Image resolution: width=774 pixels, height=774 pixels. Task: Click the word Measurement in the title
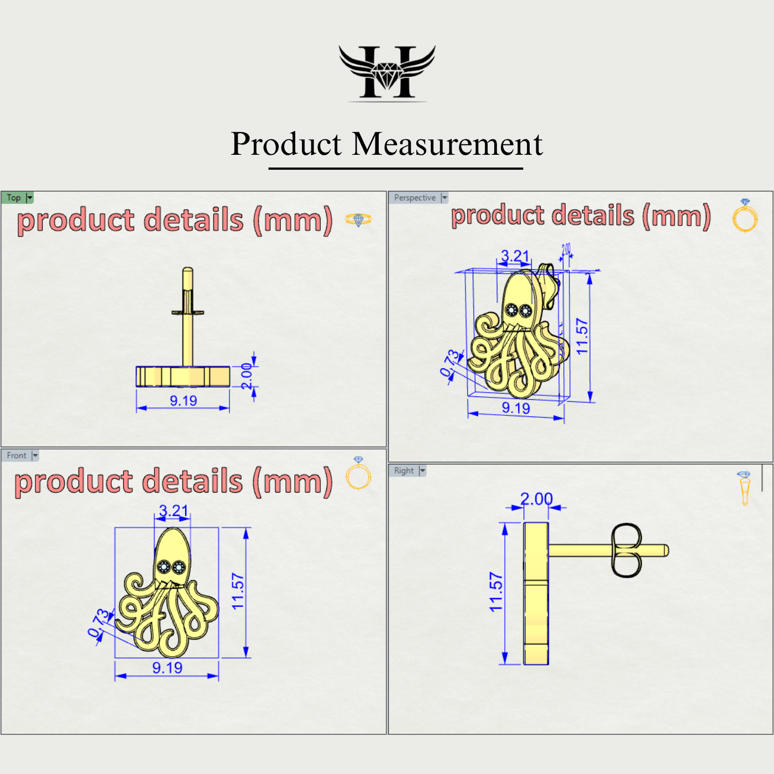click(447, 144)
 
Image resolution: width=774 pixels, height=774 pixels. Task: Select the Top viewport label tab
click(14, 197)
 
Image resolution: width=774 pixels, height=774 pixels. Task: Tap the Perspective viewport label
click(415, 197)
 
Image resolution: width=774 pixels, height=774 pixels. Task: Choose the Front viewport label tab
click(17, 456)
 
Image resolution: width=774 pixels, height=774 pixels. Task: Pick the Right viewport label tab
click(404, 470)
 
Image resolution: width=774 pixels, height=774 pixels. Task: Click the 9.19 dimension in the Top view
click(183, 401)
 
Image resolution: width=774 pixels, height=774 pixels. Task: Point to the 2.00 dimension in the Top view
click(247, 376)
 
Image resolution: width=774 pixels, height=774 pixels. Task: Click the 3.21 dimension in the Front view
click(173, 510)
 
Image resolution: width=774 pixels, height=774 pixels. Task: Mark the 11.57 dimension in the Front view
click(238, 592)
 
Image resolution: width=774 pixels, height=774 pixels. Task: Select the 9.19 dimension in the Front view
click(167, 668)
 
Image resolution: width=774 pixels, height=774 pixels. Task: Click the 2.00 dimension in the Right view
click(536, 499)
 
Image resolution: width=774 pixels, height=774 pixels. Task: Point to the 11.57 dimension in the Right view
click(496, 592)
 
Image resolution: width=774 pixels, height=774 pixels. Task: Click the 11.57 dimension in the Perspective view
click(582, 336)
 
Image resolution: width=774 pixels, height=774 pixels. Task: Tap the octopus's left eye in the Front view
click(164, 567)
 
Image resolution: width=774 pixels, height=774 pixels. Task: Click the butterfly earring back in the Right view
click(626, 550)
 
